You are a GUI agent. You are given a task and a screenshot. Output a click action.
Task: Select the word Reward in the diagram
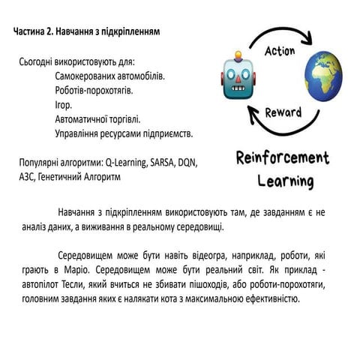[283, 113]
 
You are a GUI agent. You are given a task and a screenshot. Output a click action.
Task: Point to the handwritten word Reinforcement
[283, 160]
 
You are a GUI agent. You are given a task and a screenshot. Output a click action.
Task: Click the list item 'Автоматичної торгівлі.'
[97, 119]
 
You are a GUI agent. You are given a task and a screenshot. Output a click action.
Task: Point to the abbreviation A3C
[27, 177]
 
